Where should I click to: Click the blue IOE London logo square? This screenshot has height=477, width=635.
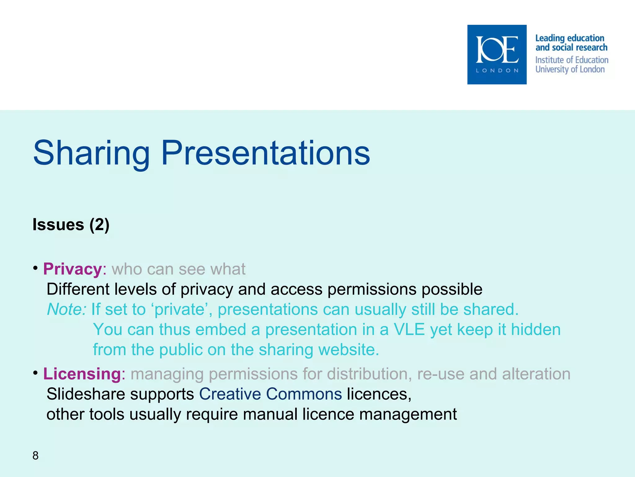tap(497, 55)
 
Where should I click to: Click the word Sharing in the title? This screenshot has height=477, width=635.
tap(91, 153)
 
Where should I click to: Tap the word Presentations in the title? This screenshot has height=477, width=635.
tap(265, 153)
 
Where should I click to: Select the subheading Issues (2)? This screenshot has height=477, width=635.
tap(71, 225)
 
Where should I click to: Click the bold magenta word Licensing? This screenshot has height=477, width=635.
tap(82, 374)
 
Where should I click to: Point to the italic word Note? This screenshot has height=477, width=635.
tap(66, 309)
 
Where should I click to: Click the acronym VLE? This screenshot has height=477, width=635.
tap(409, 329)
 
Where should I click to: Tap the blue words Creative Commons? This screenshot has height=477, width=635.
tap(270, 394)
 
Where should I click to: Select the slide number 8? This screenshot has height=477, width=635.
tap(35, 456)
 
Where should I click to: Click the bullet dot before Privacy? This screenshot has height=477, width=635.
tap(36, 268)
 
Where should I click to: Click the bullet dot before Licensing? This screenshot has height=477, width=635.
tap(36, 372)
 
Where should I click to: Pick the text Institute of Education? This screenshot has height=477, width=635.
tap(571, 60)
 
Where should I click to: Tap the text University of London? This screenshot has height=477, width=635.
tap(570, 69)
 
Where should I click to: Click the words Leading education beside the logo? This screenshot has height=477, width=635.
tap(570, 38)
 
